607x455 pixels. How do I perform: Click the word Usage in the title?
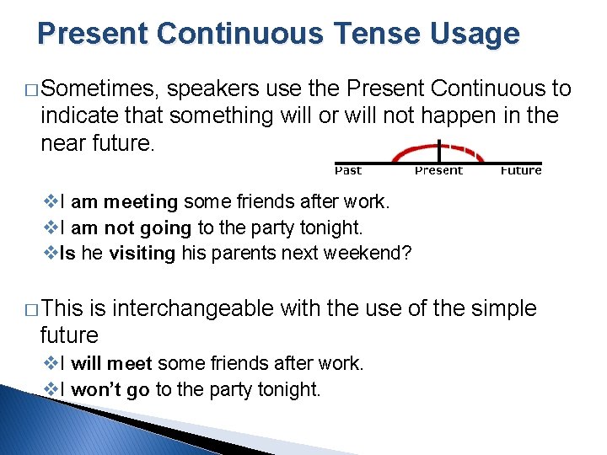coord(477,34)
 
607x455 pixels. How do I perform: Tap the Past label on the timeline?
coord(348,171)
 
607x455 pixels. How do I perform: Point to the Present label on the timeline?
coord(438,171)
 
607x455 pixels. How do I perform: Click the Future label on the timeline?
coord(520,171)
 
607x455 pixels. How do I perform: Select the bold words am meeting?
coord(124,202)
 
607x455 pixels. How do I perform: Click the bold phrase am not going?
coord(132,228)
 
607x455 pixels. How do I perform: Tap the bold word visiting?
coord(142,254)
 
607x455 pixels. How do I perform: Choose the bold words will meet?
coord(111,364)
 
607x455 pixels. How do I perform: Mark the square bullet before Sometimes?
coord(30,90)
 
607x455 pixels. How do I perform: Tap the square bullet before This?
coord(30,310)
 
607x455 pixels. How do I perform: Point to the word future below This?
coord(69,335)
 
